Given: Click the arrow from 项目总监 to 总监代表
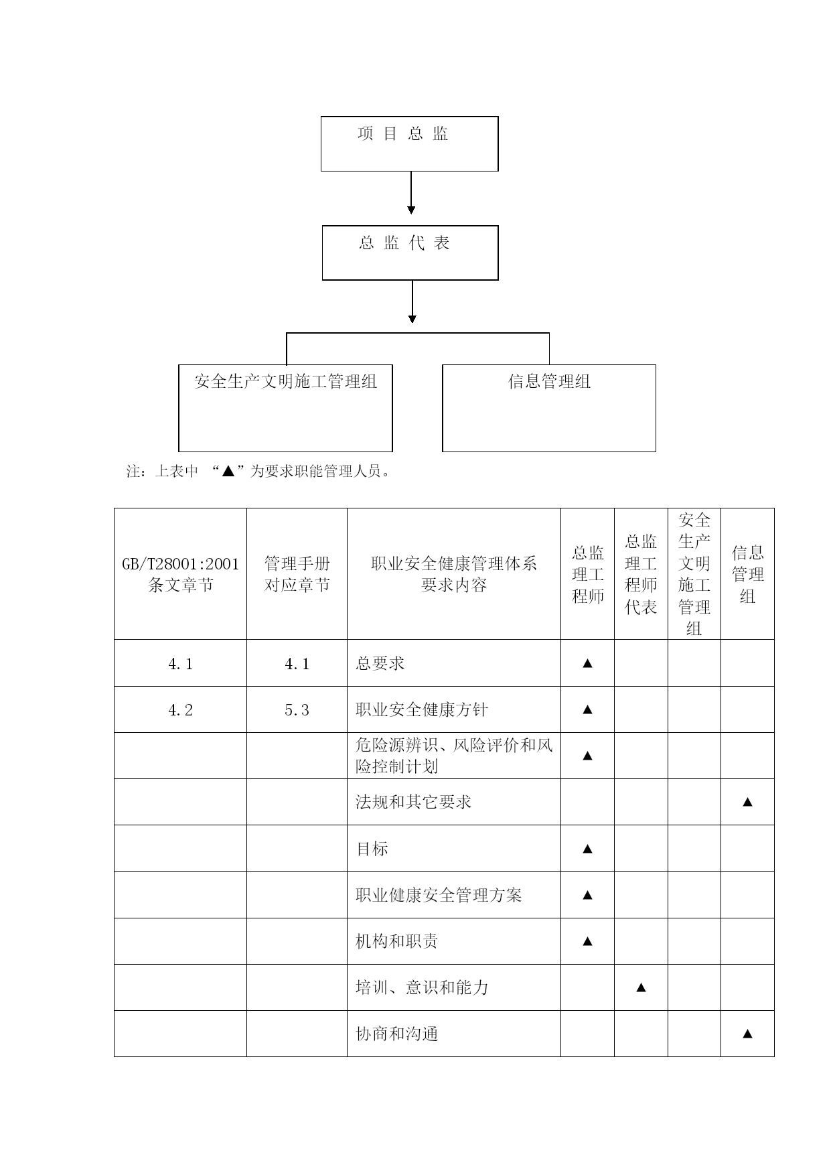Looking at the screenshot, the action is [411, 193].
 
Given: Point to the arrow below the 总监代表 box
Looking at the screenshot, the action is [412, 301].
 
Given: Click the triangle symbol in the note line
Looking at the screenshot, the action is [228, 471].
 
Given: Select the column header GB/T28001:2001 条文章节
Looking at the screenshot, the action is [180, 574].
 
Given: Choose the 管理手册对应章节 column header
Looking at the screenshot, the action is [297, 574].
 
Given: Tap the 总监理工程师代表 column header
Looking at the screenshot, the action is [641, 574].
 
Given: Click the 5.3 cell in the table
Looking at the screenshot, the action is [297, 710].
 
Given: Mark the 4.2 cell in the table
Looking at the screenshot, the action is [180, 710].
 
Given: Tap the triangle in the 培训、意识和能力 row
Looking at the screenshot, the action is [641, 987].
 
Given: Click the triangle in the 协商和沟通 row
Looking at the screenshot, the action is [748, 1034].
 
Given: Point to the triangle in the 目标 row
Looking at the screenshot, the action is [587, 849].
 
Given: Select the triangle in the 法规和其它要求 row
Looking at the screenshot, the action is [748, 801].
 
